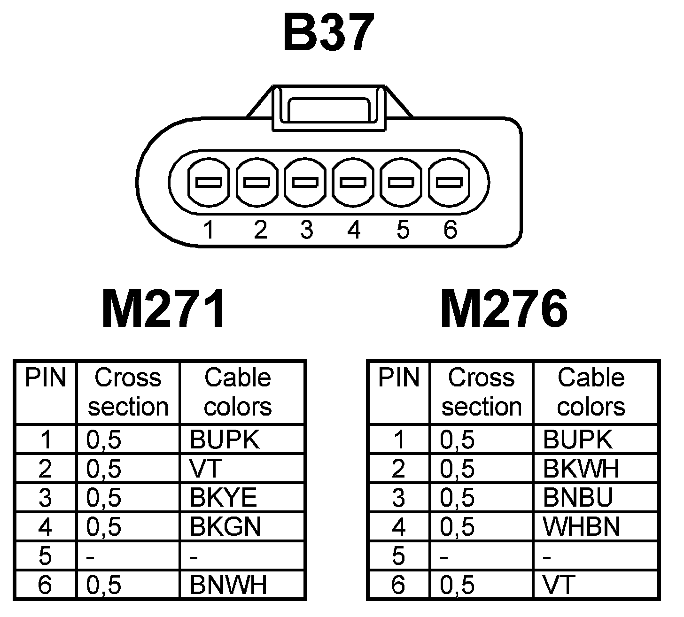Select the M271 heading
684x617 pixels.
pos(163,309)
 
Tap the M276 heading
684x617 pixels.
pos(504,309)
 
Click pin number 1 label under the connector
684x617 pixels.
pos(209,231)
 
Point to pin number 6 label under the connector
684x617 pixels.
pos(450,231)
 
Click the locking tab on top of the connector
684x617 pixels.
pos(328,108)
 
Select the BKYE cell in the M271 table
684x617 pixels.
pos(224,498)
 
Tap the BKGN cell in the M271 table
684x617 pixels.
pos(225,527)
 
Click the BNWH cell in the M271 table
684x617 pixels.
pos(228,585)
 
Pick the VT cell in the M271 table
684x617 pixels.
pos(205,469)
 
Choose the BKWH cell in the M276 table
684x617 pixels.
pos(581,469)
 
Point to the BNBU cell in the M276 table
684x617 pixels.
pos(578,498)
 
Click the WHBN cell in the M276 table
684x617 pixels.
pos(582,527)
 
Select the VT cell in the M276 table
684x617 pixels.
pos(559,585)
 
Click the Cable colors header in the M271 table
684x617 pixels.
pos(238,392)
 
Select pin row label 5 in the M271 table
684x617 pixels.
pos(45,556)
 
